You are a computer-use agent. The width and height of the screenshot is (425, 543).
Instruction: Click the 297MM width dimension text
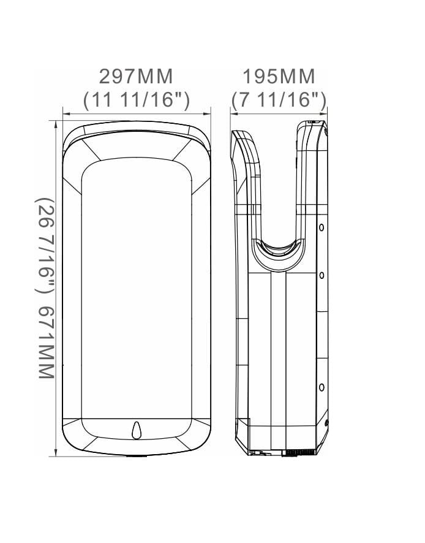coord(136,77)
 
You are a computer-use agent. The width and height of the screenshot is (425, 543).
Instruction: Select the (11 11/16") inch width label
coord(136,99)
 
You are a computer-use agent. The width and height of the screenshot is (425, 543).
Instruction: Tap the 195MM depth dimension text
coord(279,77)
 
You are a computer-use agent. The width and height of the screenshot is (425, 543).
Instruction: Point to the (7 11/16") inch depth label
coord(279,99)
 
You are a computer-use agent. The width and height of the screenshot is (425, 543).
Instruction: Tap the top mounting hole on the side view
coord(320,227)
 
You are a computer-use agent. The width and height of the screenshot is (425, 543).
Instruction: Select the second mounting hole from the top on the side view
coord(320,275)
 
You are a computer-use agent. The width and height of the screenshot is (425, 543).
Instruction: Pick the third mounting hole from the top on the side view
coord(320,387)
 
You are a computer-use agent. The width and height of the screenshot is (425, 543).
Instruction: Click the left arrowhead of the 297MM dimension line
coord(66,113)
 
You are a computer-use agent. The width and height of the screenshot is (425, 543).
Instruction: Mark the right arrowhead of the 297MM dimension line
coord(208,113)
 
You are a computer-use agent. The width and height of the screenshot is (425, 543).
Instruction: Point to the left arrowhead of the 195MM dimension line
coord(233,113)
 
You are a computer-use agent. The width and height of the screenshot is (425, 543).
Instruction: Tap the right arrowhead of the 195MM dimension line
coord(325,113)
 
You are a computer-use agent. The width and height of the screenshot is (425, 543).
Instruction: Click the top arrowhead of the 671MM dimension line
coord(56,123)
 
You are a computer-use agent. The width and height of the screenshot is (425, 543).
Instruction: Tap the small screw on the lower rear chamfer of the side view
coord(326,423)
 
